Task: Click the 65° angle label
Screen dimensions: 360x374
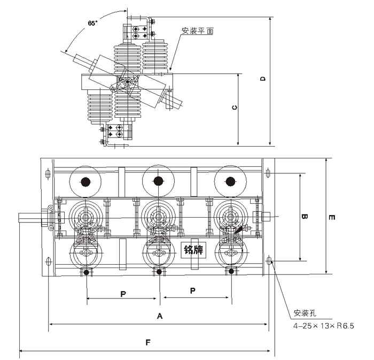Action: [92, 23]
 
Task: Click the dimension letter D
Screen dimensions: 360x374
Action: [263, 79]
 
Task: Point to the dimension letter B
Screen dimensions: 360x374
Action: [304, 217]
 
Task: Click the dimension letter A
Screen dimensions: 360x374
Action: [159, 316]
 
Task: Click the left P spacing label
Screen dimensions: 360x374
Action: [123, 293]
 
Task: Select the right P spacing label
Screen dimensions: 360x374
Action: [193, 290]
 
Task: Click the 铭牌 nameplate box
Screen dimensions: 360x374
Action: [193, 250]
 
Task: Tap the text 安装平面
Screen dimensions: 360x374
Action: [198, 32]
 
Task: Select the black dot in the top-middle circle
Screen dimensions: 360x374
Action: [158, 181]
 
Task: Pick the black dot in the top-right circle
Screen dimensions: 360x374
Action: [230, 181]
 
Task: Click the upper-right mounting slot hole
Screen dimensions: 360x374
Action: [268, 173]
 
